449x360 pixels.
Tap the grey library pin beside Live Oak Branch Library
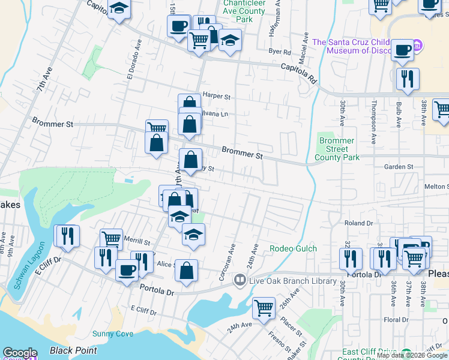(240, 280)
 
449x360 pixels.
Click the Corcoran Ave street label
(233, 259)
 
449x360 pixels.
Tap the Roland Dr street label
(359, 223)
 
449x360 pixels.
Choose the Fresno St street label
(280, 343)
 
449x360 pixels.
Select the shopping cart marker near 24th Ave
(264, 308)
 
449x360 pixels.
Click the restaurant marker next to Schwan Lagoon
(66, 235)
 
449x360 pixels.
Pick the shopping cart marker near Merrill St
(111, 239)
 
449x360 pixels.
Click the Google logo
(20, 353)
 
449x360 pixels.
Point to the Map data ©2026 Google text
(412, 355)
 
